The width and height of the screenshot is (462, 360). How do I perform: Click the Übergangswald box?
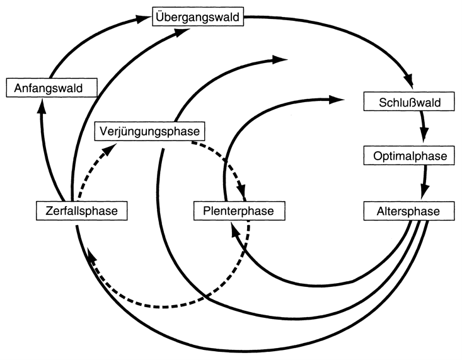[197, 17]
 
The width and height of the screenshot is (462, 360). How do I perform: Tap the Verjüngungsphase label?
[149, 132]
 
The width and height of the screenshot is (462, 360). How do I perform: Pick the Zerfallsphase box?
[81, 210]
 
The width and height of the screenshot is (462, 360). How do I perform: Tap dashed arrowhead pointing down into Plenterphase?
[242, 192]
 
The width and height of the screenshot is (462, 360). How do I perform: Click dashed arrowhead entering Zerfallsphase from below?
[91, 255]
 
